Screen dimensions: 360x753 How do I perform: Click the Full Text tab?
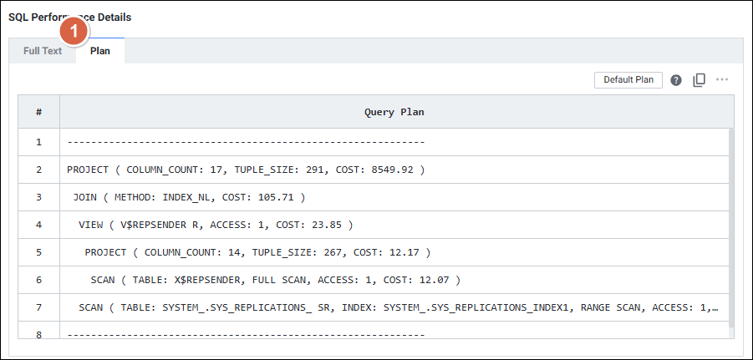[x=43, y=51]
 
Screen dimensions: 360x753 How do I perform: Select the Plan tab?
[x=100, y=51]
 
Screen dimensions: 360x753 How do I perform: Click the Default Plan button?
[x=628, y=80]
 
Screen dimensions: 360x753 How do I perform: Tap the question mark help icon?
[x=676, y=80]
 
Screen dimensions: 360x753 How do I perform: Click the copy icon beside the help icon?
[x=700, y=80]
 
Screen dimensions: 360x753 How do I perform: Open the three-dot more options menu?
[x=722, y=80]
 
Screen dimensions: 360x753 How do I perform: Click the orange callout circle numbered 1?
[x=74, y=32]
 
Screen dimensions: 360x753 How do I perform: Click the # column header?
[x=38, y=111]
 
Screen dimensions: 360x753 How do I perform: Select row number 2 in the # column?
[x=38, y=170]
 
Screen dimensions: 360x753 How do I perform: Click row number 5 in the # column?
[x=38, y=252]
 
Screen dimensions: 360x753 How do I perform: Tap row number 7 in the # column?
[x=38, y=307]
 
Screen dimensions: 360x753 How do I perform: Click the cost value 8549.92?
[x=392, y=170]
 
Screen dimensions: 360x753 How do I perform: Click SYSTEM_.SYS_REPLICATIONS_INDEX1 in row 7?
[x=470, y=307]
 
